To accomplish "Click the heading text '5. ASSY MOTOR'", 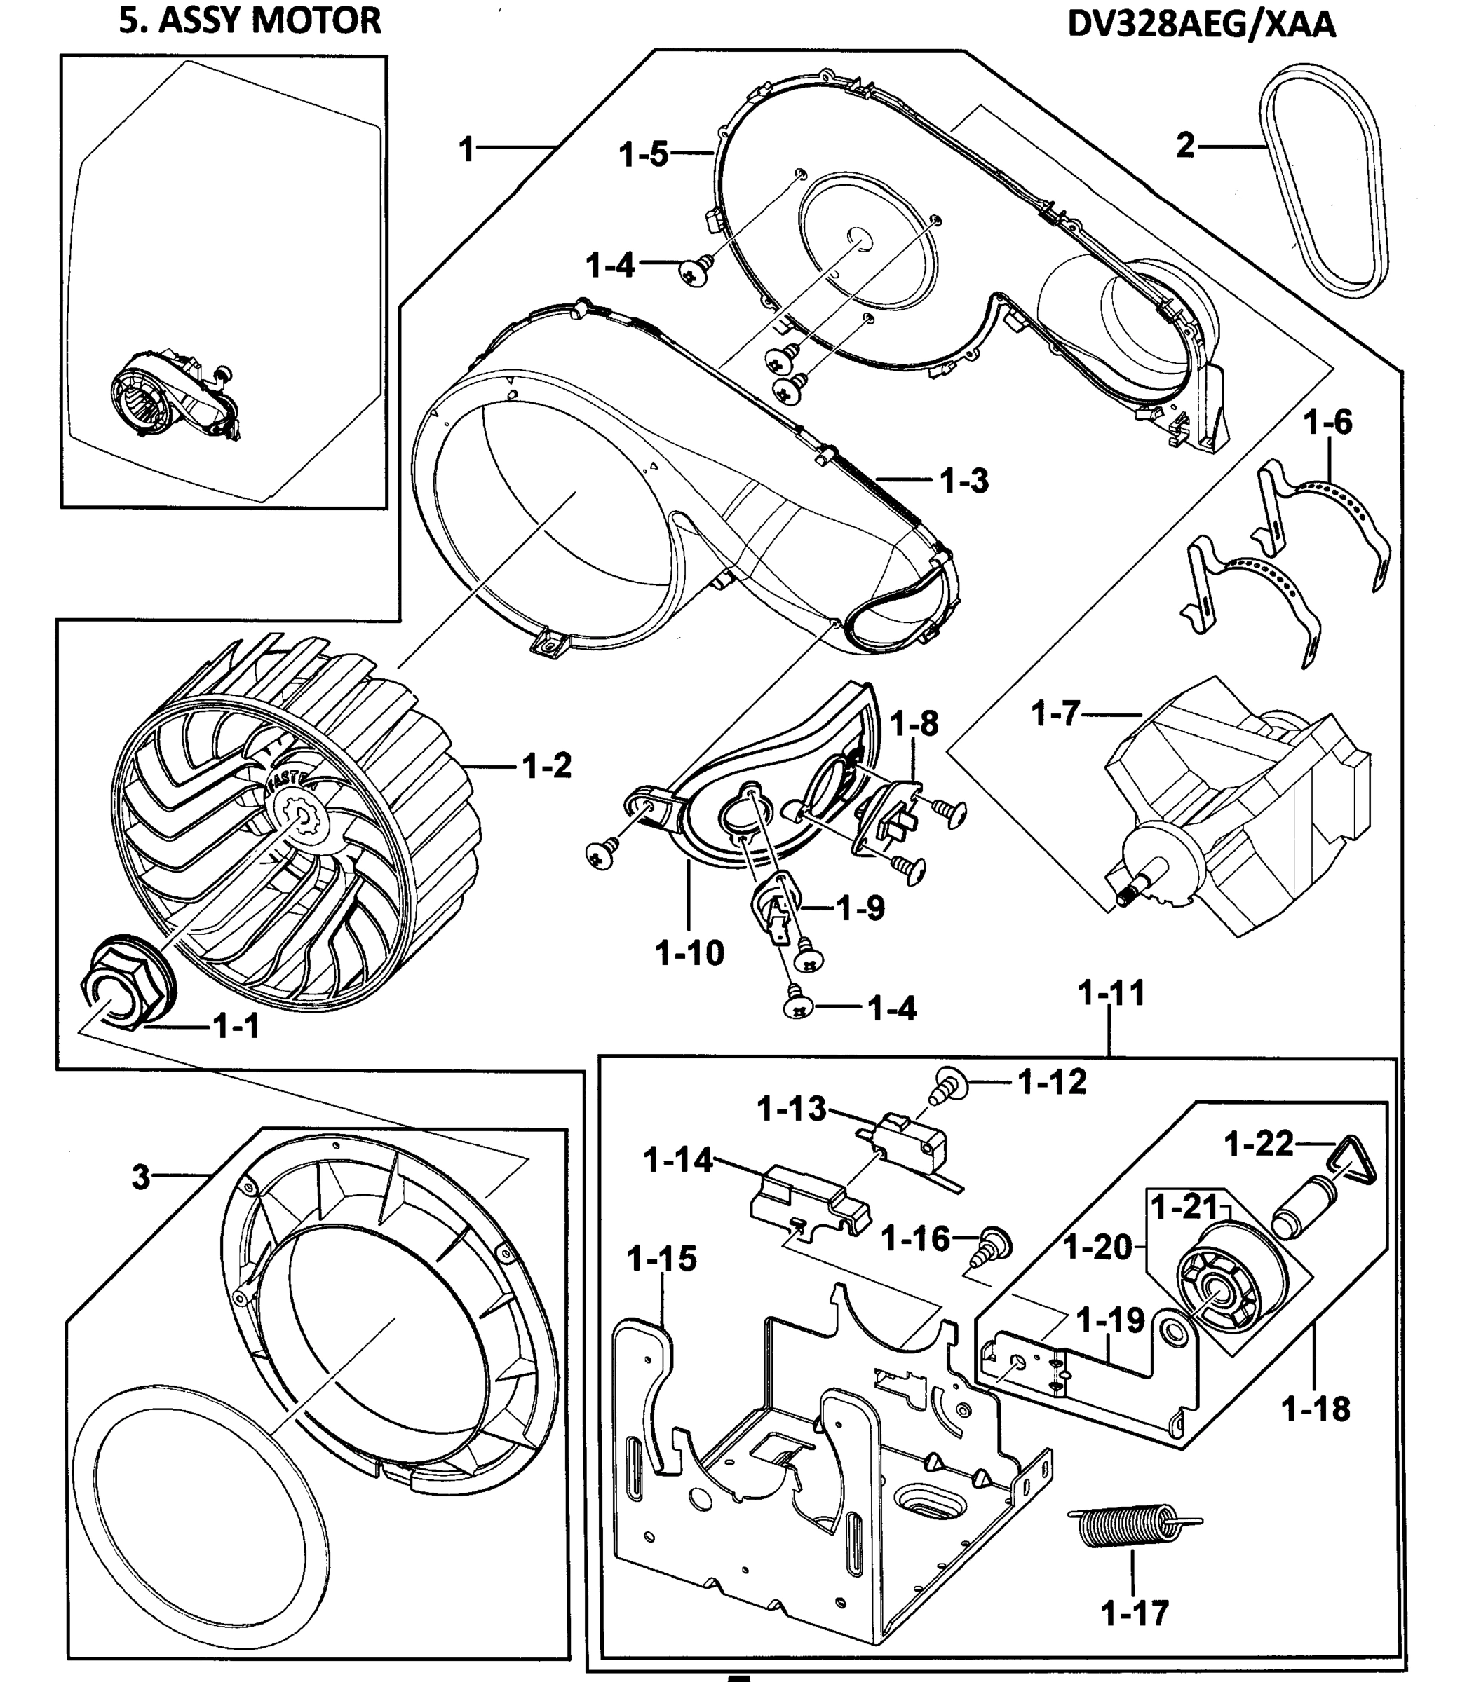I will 250,20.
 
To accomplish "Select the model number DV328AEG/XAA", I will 1201,25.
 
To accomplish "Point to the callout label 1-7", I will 1055,713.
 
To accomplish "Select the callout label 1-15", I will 661,1259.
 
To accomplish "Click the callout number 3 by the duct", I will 141,1178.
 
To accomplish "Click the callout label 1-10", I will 689,953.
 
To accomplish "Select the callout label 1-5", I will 643,153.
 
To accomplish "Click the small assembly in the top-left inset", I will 177,399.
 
